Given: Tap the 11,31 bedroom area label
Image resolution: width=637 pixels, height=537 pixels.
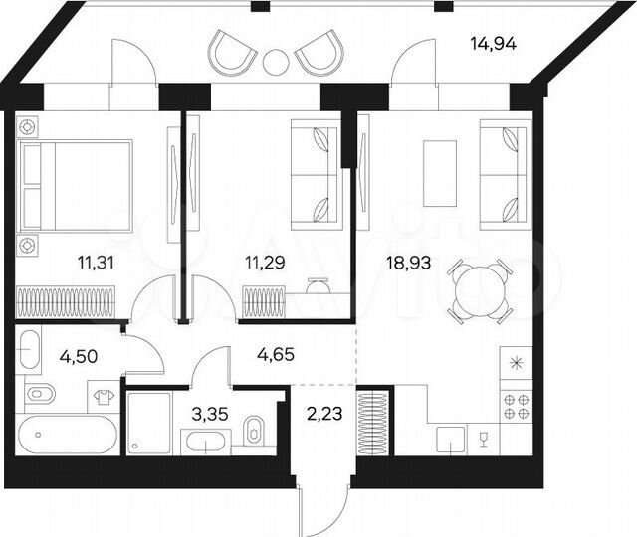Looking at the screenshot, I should (x=99, y=264).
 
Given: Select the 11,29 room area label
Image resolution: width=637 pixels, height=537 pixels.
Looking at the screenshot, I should (x=265, y=264).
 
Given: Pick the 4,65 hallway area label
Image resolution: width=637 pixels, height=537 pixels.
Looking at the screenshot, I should (x=276, y=353).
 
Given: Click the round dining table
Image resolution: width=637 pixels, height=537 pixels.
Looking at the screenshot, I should (x=479, y=289).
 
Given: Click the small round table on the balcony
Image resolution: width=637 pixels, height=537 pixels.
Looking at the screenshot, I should (x=276, y=62).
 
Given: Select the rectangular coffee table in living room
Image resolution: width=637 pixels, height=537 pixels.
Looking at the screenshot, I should (x=439, y=172).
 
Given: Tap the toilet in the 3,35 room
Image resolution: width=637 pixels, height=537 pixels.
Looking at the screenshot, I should (x=254, y=431).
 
